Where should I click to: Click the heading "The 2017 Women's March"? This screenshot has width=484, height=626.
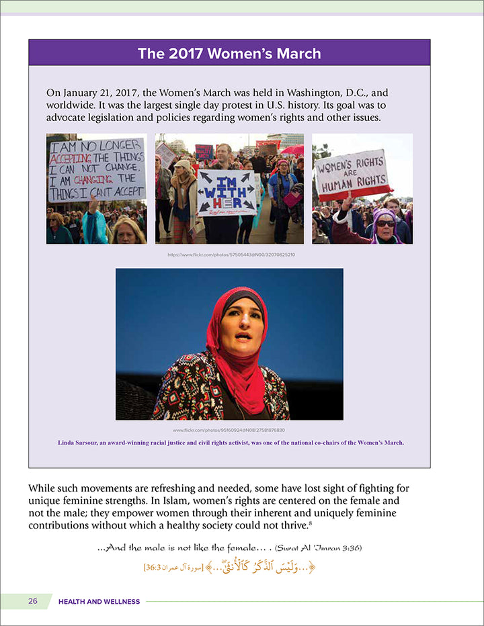229,53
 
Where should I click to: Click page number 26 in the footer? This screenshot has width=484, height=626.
33,601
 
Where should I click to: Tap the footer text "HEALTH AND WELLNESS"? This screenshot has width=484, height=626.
99,602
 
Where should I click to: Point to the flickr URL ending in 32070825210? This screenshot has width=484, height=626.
231,255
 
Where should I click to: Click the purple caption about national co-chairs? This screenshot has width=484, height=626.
229,442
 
